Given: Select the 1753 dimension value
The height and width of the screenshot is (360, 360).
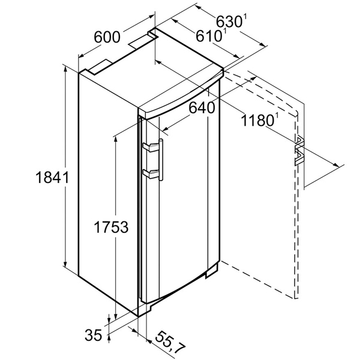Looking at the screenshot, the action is [111, 227].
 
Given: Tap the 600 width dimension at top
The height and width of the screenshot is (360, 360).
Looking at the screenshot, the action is [107, 37].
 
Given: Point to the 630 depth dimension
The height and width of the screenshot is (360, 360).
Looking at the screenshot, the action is [229, 22].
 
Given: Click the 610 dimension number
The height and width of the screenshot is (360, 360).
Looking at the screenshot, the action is [208, 35].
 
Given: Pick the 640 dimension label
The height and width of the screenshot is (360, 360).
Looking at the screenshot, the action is [202, 107].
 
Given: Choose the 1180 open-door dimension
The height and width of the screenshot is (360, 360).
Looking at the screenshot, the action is [257, 120].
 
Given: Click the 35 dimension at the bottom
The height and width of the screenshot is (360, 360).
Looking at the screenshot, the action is [93, 335].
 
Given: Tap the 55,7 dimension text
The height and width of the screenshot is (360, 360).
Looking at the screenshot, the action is [169, 345].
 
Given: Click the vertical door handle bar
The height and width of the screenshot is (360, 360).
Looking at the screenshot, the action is [161, 160].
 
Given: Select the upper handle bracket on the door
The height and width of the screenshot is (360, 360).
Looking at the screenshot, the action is [151, 147].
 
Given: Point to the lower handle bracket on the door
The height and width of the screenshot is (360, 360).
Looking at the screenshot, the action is [151, 173].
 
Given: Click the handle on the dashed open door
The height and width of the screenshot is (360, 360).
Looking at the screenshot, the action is [299, 151].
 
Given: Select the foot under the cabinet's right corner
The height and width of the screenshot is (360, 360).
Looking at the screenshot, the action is [212, 272].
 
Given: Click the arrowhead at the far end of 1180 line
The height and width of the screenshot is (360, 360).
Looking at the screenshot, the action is [335, 164].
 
